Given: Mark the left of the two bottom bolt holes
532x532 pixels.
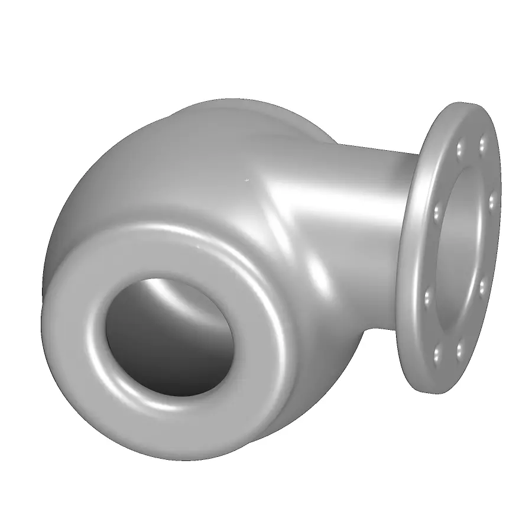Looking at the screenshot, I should coord(438,355).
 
